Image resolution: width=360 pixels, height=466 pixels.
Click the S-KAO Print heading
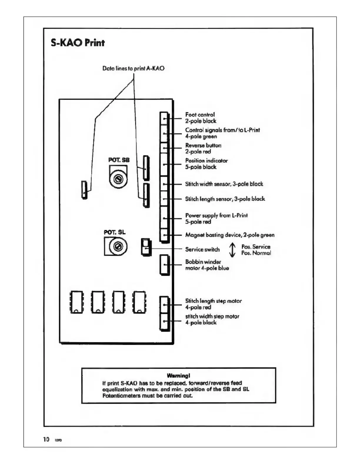78,43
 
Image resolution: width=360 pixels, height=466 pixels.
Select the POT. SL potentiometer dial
118,246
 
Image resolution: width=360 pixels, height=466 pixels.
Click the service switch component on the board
146,247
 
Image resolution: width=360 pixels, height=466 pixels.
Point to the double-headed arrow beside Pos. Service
232,250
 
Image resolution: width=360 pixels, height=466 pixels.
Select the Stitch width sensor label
224,184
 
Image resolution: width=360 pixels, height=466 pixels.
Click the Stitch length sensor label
225,199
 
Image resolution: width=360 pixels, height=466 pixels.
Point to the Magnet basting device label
230,235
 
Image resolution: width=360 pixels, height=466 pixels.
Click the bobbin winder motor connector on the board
164,265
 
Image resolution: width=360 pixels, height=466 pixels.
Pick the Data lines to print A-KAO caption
133,68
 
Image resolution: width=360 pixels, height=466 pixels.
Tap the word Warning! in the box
178,376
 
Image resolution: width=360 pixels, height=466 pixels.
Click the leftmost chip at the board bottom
76,302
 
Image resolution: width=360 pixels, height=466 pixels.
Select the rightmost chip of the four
139,302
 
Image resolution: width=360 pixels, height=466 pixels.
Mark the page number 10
46,440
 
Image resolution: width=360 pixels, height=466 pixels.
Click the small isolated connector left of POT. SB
84,190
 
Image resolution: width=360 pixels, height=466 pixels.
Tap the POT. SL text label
114,232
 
